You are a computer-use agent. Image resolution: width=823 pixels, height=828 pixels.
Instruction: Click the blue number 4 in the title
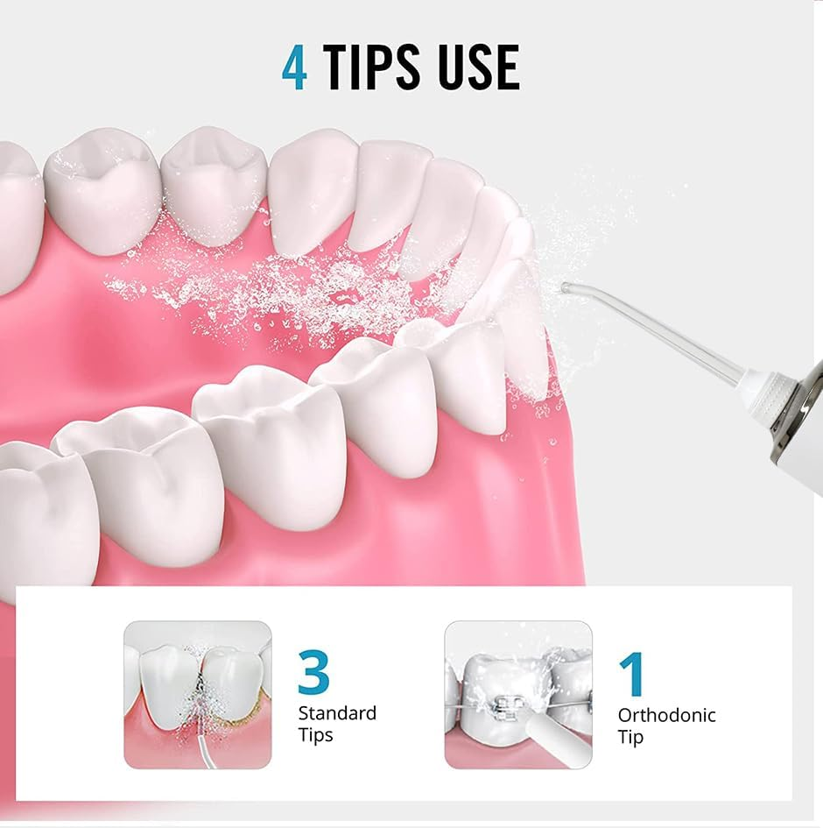[x=295, y=67]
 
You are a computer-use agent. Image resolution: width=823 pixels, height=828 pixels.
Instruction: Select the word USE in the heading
[x=478, y=67]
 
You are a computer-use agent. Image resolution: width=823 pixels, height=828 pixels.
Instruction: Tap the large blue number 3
[x=313, y=673]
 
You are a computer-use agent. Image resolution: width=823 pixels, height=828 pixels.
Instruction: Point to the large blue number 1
[x=630, y=674]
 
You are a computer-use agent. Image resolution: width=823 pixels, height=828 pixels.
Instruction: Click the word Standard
[x=337, y=713]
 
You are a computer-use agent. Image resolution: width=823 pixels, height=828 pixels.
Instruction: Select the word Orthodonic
[x=666, y=715]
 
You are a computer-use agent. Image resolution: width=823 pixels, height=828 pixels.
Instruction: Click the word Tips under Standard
[x=315, y=735]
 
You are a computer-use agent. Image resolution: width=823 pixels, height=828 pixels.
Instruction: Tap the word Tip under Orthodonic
[x=630, y=737]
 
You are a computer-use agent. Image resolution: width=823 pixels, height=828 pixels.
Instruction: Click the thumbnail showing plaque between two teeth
[x=198, y=695]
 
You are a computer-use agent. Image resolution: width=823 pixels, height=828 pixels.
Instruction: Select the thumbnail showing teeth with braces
[x=518, y=695]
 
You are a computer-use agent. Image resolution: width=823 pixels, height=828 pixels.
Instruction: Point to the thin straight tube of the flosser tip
[x=665, y=338]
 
